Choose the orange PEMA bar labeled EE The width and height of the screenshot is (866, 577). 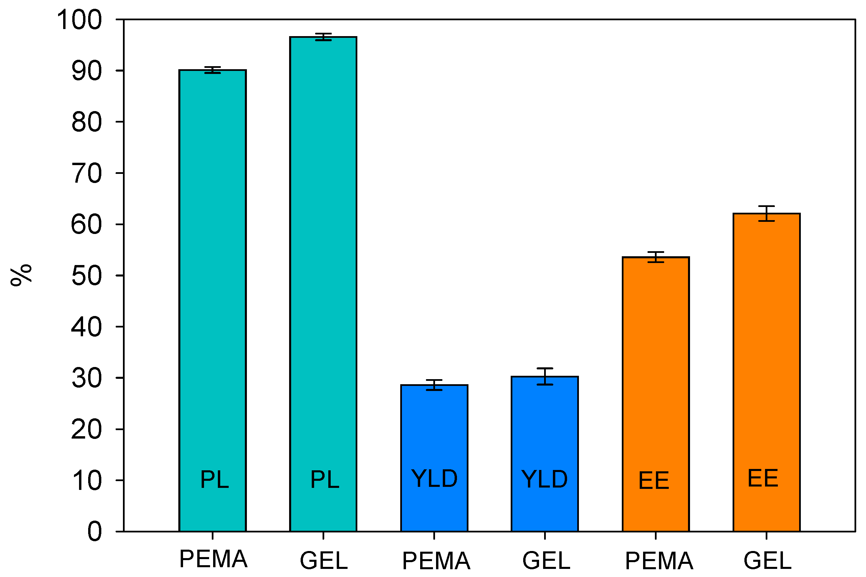tap(656, 394)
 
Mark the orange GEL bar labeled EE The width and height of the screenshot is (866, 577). tap(766, 372)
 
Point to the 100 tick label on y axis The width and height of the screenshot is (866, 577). tap(79, 20)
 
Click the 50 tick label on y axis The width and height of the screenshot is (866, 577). tap(86, 276)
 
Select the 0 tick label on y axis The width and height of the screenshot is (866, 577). tap(95, 532)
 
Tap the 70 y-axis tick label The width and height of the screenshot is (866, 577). tap(86, 173)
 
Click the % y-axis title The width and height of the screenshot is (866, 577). tap(21, 275)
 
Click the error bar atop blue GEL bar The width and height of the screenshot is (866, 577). tap(544, 376)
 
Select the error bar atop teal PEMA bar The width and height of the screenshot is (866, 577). tap(212, 70)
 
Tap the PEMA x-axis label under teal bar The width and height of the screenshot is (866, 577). tap(213, 559)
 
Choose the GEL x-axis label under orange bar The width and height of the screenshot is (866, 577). tap(767, 561)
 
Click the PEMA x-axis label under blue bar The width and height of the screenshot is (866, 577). tap(436, 561)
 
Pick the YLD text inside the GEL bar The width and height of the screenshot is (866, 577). tap(544, 479)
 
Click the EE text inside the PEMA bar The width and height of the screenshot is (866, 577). tap(654, 480)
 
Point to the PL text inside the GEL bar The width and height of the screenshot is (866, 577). tap(325, 479)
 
